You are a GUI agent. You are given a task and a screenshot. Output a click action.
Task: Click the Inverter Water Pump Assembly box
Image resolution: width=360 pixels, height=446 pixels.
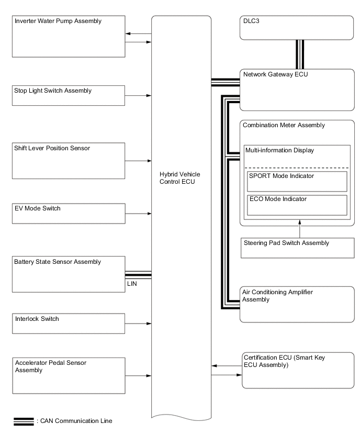[69, 37]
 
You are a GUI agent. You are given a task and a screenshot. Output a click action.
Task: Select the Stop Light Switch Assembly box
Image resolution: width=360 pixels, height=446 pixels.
[68, 96]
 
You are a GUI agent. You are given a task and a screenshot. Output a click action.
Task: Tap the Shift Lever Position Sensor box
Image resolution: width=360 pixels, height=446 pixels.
[68, 161]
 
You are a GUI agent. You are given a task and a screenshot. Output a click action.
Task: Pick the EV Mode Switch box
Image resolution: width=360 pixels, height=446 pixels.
[69, 214]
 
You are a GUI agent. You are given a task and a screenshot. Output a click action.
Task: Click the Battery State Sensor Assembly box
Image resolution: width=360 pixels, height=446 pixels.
[69, 274]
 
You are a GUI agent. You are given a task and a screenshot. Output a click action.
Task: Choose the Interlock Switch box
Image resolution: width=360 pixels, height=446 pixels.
[68, 324]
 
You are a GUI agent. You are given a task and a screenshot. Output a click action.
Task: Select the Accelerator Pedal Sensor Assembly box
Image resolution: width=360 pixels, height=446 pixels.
[69, 376]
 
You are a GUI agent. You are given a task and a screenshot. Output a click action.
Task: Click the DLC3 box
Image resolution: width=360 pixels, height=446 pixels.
[297, 28]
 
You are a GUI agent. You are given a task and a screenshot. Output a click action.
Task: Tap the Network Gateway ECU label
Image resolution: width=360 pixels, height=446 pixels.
[276, 74]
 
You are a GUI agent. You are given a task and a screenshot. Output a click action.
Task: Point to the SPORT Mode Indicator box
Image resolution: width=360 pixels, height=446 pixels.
[297, 181]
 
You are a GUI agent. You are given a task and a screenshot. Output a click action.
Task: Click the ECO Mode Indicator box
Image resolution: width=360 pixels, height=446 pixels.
[297, 205]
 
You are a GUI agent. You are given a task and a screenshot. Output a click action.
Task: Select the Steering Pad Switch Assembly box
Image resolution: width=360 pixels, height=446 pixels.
[297, 248]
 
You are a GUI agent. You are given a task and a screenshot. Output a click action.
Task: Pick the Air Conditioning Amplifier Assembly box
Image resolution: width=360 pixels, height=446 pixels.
[297, 304]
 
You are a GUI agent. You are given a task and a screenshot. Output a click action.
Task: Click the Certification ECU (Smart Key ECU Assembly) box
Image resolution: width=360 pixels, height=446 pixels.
[298, 370]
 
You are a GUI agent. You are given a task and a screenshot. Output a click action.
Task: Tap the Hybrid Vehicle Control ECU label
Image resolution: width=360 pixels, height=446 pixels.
[179, 178]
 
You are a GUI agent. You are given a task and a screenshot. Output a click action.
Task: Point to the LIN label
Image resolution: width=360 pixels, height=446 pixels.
[132, 284]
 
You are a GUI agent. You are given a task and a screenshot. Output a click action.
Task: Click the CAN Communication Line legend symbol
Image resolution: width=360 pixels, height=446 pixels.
[24, 421]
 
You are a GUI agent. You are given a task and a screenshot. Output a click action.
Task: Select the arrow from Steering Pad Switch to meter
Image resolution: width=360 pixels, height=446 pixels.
[300, 229]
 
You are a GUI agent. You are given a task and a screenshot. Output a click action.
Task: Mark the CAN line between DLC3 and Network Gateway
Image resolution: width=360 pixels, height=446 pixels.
[300, 54]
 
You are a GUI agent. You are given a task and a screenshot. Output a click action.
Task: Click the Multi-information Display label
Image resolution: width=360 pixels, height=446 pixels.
[279, 150]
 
